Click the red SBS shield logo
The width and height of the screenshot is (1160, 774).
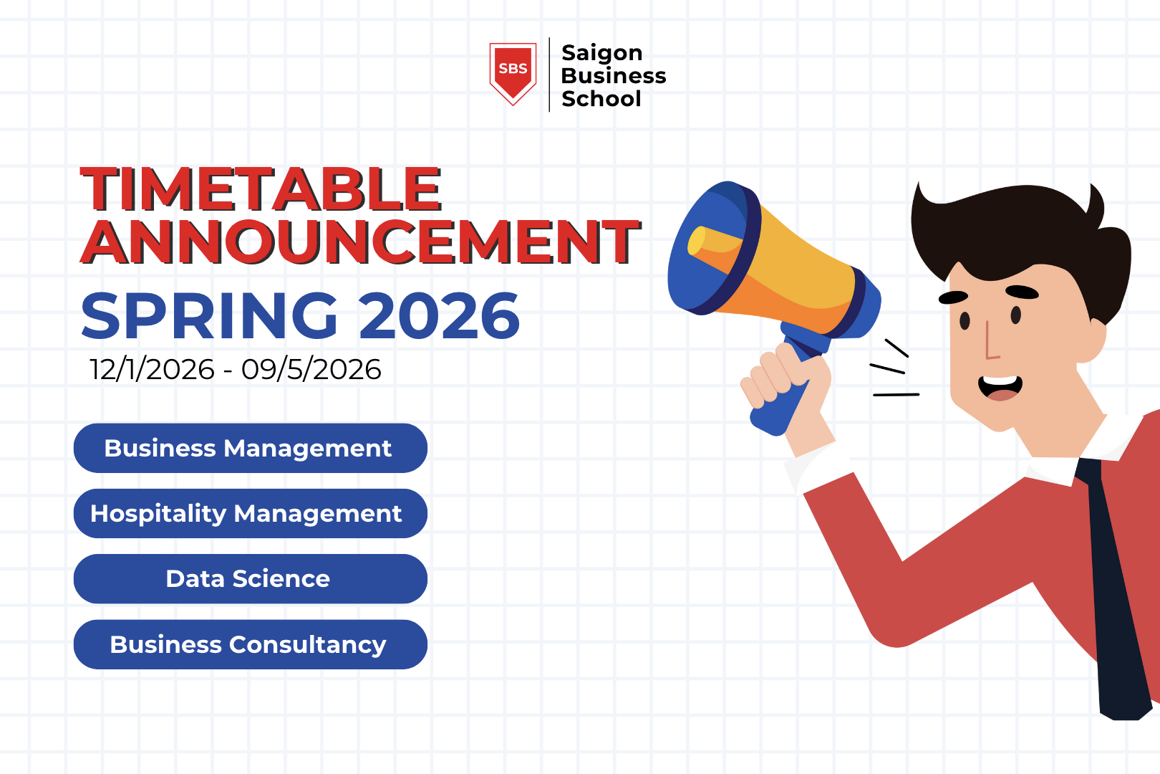click(513, 72)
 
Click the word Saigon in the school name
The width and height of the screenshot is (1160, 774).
click(601, 52)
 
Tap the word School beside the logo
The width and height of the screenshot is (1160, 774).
click(601, 99)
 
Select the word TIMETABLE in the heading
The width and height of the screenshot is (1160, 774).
click(261, 189)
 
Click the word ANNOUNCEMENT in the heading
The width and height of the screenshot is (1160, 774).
click(360, 242)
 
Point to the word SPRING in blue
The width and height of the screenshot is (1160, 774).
click(209, 316)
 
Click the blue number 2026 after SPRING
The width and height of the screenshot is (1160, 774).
click(439, 316)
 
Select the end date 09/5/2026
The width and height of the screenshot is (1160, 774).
click(311, 370)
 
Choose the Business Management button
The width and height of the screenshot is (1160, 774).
click(250, 448)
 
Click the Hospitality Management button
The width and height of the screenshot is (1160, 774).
click(250, 513)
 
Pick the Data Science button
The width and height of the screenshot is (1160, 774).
click(250, 578)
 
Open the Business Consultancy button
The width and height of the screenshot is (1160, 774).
click(250, 644)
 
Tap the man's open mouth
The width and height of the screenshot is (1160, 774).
click(1000, 387)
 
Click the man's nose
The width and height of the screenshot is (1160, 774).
click(991, 344)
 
